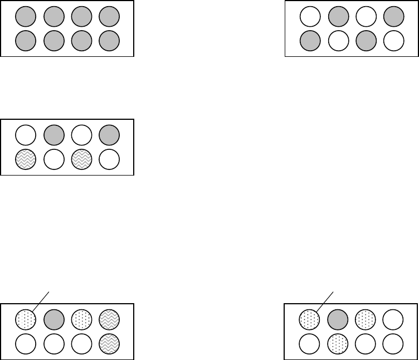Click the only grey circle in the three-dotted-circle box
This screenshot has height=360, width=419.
338,320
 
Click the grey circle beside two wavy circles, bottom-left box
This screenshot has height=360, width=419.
54,320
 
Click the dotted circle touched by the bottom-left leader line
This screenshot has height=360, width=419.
26,320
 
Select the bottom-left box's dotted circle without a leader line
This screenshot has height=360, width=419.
81,320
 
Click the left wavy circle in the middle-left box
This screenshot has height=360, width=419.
26,159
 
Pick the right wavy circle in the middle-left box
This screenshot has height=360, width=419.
81,159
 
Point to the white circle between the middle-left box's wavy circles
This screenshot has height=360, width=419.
54,159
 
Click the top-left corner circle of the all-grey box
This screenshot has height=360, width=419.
26,17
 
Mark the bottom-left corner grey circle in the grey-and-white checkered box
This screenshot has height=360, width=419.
310,40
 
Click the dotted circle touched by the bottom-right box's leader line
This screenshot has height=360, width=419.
310,320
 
